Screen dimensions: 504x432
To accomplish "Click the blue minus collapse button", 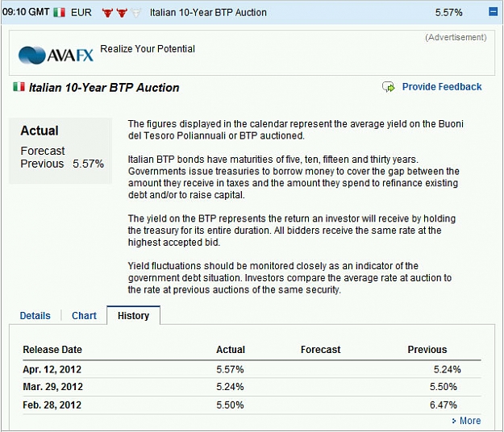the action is coord(493,12).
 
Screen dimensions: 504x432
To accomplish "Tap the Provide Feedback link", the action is coord(442,87).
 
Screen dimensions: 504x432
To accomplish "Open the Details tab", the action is coord(35,316).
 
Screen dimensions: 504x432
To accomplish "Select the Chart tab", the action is coord(84,316).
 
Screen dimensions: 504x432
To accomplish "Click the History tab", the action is coord(133,316).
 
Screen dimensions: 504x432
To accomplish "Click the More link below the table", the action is coord(470,421).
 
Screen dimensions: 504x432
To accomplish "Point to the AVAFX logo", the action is coord(56,56).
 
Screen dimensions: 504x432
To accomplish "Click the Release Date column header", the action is coord(52,350).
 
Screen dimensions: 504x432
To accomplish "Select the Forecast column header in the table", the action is coord(320,350).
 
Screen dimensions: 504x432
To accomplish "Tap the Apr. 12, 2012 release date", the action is coord(52,369).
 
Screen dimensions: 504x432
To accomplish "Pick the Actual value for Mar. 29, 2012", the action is coord(230,387).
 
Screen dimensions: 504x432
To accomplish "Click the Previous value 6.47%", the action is coord(444,405).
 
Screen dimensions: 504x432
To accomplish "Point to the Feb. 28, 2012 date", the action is coord(52,405).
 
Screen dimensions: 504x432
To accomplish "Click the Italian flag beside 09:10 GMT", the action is coord(59,13).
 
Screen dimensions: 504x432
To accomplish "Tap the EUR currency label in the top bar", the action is coord(81,13).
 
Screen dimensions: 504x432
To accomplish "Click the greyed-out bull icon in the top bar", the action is coord(136,13).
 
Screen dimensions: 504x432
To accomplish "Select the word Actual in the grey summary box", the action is coord(40,131).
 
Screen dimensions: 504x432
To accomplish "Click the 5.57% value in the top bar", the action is coord(448,13).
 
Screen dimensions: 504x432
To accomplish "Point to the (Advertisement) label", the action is coord(456,37).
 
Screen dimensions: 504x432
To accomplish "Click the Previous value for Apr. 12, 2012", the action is coord(447,369).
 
